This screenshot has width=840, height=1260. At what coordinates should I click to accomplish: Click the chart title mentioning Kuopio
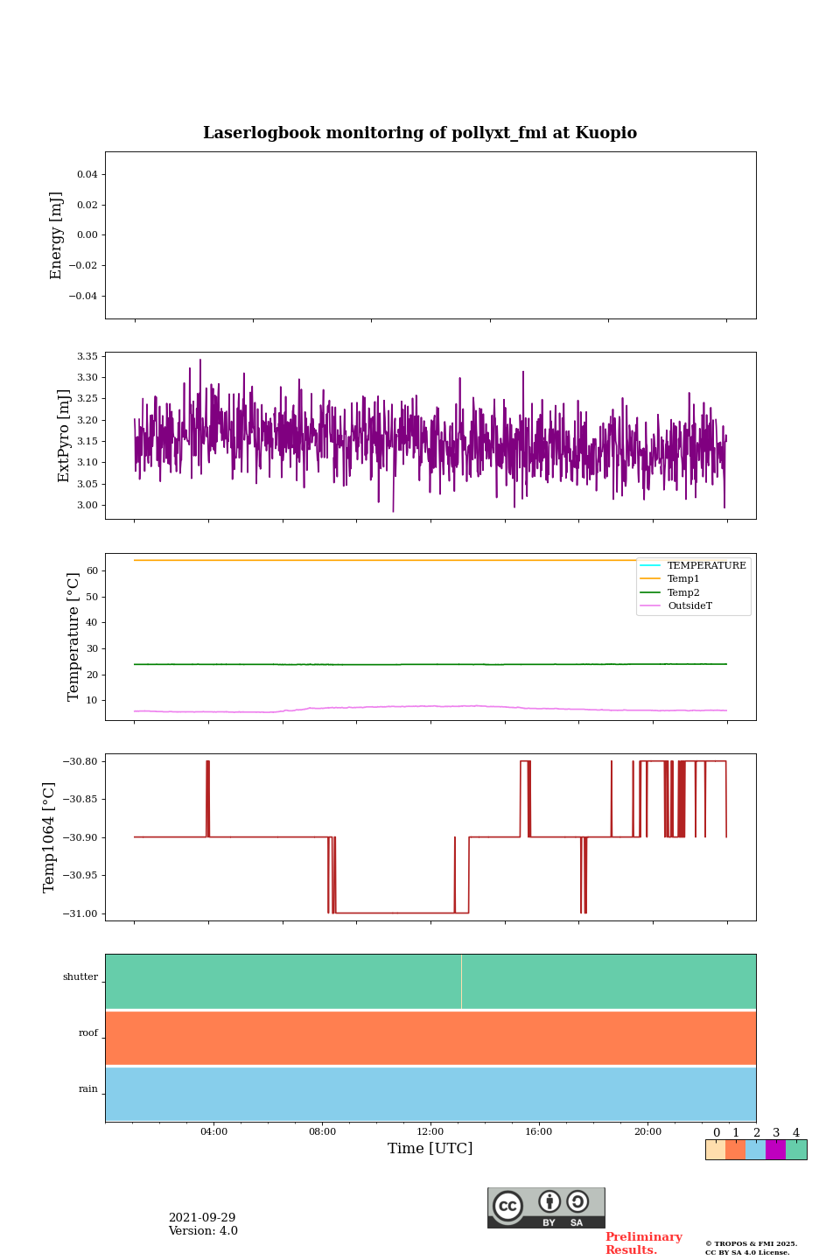pyautogui.click(x=420, y=133)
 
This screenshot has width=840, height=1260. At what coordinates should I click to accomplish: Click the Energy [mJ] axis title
pyautogui.click(x=57, y=235)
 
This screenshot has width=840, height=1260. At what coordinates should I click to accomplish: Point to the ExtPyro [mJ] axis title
pyautogui.click(x=64, y=436)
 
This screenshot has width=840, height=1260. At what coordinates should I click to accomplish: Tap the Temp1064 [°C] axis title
pyautogui.click(x=49, y=837)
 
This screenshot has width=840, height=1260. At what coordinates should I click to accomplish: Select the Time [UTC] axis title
pyautogui.click(x=430, y=1148)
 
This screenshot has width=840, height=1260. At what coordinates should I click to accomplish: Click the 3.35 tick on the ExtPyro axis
pyautogui.click(x=87, y=356)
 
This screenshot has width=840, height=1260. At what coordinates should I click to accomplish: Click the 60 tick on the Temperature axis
pyautogui.click(x=92, y=570)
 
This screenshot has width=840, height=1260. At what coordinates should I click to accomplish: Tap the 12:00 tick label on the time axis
pyautogui.click(x=430, y=1131)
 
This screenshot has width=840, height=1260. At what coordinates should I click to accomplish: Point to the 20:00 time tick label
pyautogui.click(x=647, y=1131)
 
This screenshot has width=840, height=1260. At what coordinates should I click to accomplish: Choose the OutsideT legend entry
pyautogui.click(x=689, y=605)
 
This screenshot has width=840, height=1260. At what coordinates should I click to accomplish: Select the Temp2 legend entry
pyautogui.click(x=683, y=592)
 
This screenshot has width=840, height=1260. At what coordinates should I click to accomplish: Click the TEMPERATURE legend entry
pyautogui.click(x=706, y=565)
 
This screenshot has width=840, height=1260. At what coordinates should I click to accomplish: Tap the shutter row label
pyautogui.click(x=80, y=977)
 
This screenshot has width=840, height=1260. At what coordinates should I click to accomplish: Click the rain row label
pyautogui.click(x=88, y=1089)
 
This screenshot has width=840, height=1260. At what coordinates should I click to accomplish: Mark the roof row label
pyautogui.click(x=88, y=1033)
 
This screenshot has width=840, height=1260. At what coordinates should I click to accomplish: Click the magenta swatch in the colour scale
pyautogui.click(x=775, y=1150)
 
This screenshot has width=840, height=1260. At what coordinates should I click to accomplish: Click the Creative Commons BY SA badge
pyautogui.click(x=546, y=1207)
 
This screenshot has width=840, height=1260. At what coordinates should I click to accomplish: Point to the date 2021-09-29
pyautogui.click(x=202, y=1218)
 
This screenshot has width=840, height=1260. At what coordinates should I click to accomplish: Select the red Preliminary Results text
pyautogui.click(x=643, y=1243)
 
